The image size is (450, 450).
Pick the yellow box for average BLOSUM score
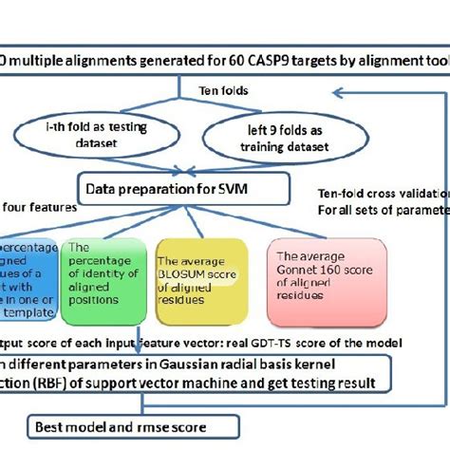point(200,274)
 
